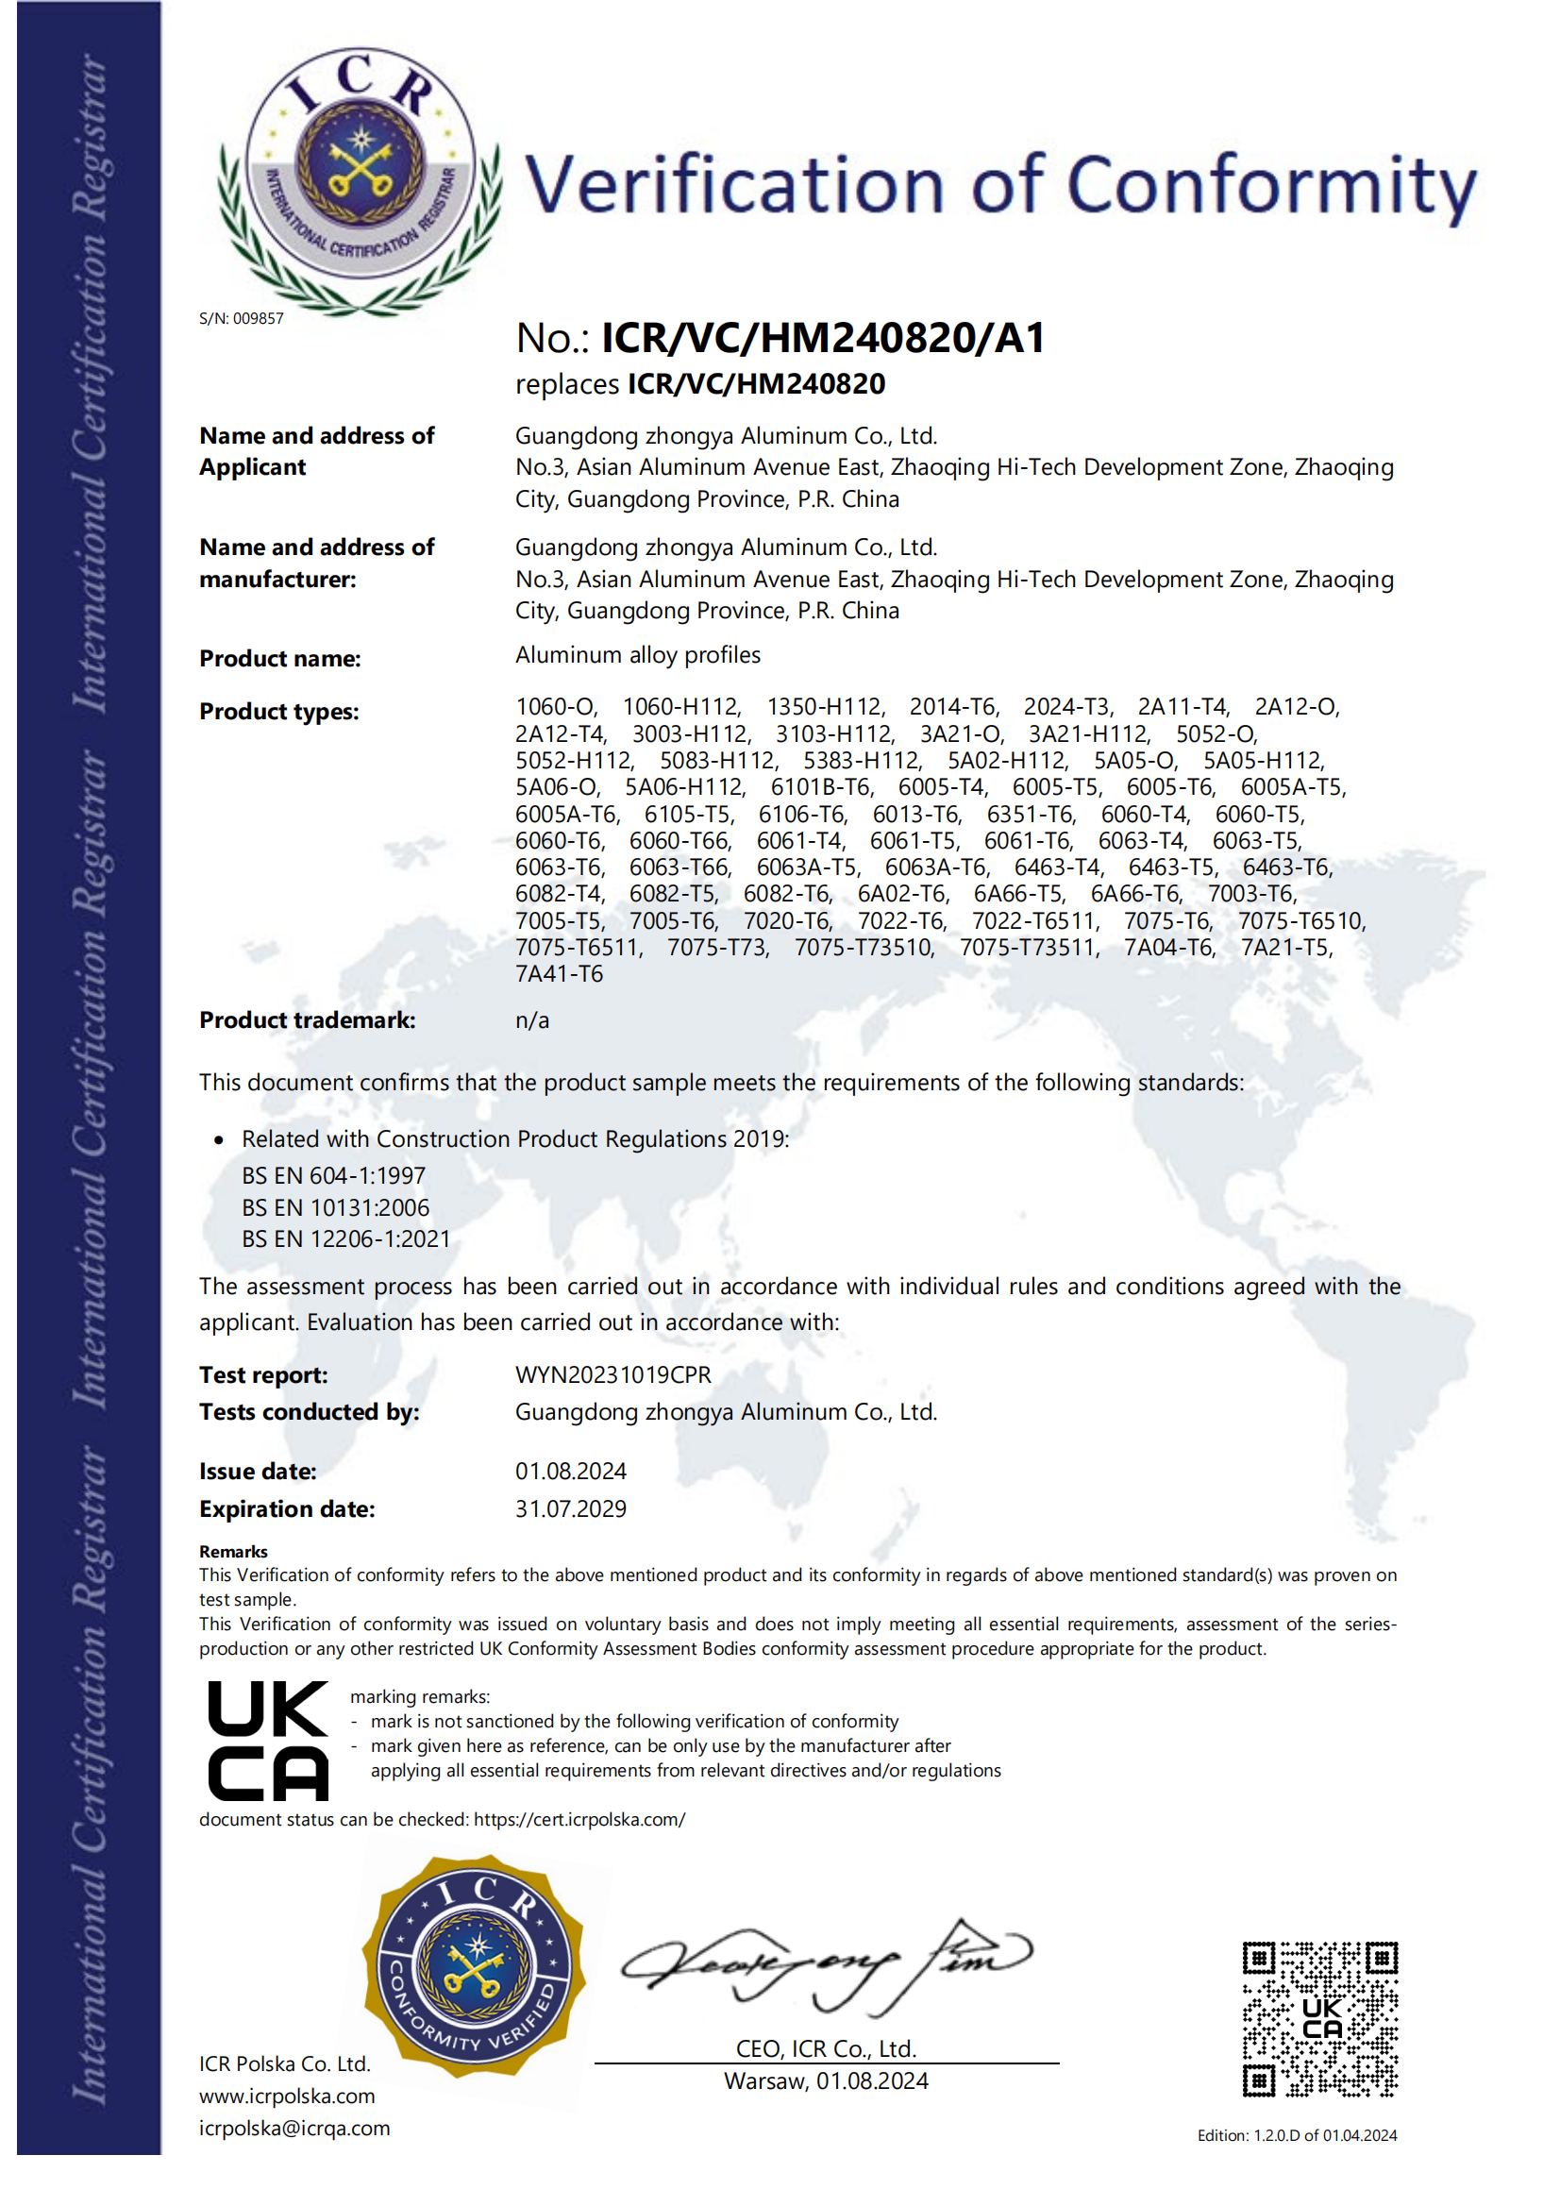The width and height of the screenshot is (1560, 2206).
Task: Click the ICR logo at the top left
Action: point(360,180)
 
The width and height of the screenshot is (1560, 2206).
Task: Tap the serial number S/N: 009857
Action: point(241,319)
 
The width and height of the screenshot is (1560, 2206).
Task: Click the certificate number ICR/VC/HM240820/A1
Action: point(822,338)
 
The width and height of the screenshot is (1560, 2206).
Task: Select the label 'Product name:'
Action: point(279,659)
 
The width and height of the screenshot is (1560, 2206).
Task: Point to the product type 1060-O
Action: point(555,707)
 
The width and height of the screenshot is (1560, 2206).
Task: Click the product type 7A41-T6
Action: point(559,974)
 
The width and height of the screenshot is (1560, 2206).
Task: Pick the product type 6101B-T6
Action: point(821,788)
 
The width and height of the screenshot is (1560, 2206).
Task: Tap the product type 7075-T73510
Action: point(863,949)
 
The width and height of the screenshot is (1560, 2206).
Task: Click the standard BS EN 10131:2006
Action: point(335,1207)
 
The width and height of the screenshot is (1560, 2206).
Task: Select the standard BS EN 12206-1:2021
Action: point(345,1239)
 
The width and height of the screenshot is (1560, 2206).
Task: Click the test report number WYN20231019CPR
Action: point(612,1375)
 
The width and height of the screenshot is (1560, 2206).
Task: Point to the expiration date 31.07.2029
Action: point(571,1508)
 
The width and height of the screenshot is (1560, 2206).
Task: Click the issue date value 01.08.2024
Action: point(571,1471)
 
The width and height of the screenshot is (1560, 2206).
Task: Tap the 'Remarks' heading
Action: point(233,1552)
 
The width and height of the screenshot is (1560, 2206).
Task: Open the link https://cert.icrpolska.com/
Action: point(579,1820)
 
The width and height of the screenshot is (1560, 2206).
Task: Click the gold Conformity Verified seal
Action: point(475,1967)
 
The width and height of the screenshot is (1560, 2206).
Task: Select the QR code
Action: point(1320,2019)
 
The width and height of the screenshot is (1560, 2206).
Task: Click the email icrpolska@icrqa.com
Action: point(294,2129)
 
